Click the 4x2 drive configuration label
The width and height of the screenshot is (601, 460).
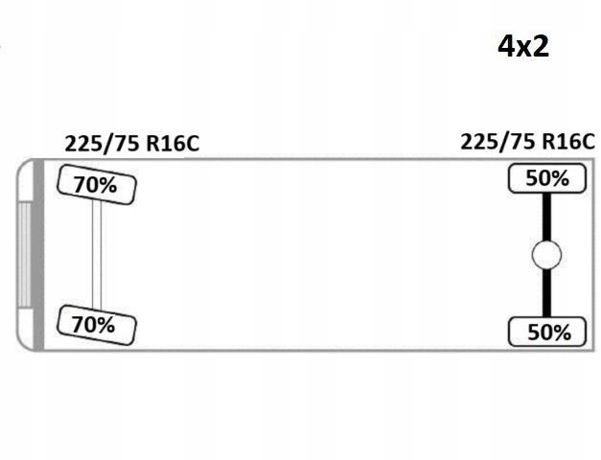pyautogui.click(x=523, y=45)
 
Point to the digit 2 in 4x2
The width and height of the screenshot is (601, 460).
pyautogui.click(x=540, y=45)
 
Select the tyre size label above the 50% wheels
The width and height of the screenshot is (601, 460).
pyautogui.click(x=527, y=142)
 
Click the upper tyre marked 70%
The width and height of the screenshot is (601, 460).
pyautogui.click(x=97, y=185)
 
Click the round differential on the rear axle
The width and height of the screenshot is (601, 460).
pyautogui.click(x=546, y=256)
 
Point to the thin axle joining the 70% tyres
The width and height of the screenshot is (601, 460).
pyautogui.click(x=97, y=254)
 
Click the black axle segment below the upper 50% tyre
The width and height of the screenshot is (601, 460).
pyautogui.click(x=546, y=216)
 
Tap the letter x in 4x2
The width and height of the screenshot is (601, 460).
pyautogui.click(x=524, y=47)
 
